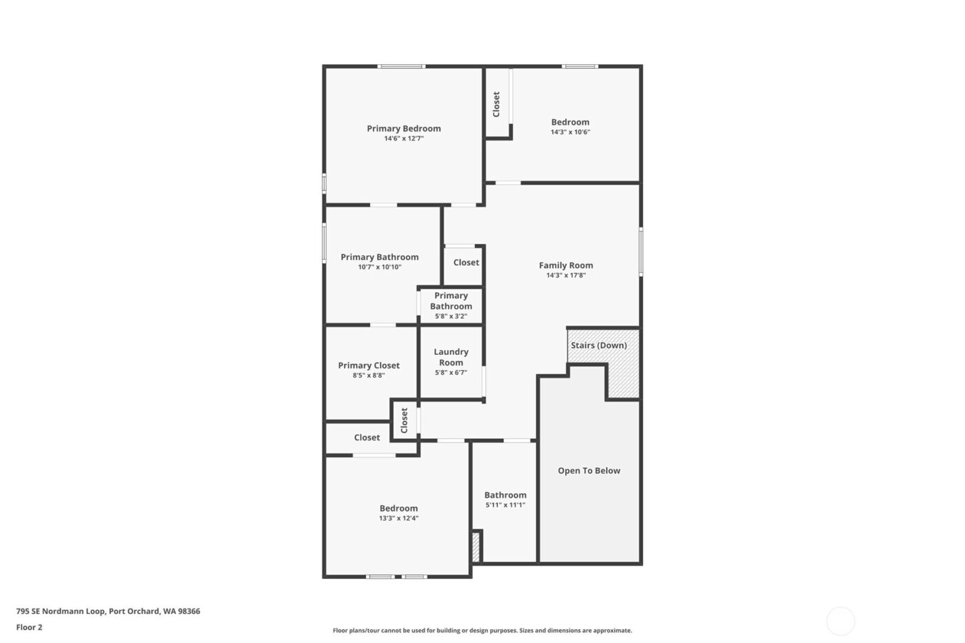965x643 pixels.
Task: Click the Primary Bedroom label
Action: pos(403,128)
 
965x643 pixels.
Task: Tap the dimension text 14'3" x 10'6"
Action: pos(570,132)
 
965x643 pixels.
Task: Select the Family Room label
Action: pos(565,265)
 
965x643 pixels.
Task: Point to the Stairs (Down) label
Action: pos(598,345)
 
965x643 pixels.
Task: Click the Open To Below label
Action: pos(589,471)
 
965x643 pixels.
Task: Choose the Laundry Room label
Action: pos(451,357)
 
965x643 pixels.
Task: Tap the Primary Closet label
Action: pos(369,365)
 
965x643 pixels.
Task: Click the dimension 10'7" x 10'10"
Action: pos(379,267)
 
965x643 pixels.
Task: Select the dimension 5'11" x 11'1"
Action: pos(505,505)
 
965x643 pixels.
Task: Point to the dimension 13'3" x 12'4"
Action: pos(398,518)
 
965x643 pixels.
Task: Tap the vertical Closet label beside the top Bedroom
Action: pos(496,104)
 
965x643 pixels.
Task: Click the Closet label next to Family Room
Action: pos(466,263)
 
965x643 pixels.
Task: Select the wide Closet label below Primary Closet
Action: pos(367,438)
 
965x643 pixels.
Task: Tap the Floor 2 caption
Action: pos(29,627)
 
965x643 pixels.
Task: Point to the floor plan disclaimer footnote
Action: pos(482,631)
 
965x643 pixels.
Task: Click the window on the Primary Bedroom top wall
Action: pos(401,66)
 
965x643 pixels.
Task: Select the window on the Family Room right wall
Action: pos(640,252)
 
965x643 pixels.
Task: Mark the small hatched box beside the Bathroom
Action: pos(476,547)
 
